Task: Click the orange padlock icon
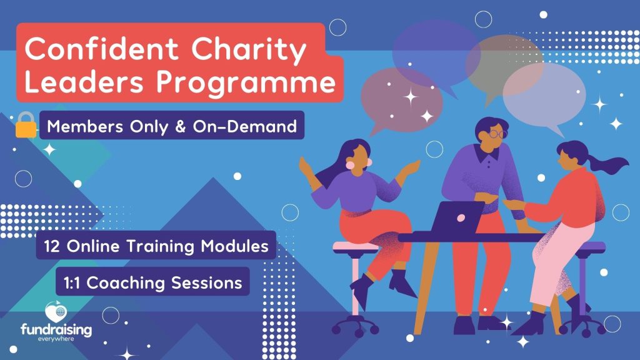point(26,125)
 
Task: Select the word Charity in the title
point(249,49)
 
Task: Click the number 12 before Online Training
point(52,246)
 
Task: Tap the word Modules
point(235,246)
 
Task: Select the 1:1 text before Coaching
point(72,283)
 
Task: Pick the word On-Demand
point(245,126)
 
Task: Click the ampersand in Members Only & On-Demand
point(181,126)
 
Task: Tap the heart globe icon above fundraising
point(56,312)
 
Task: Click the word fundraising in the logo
point(56,330)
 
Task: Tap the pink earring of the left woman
point(350,165)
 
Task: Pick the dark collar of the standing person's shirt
point(486,152)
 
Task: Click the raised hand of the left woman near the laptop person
point(409,167)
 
